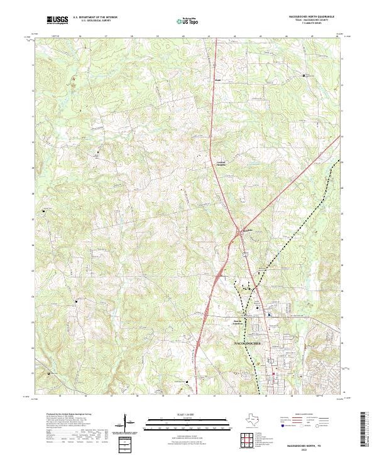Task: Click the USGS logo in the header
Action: tap(57, 20)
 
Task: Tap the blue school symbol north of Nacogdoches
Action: tap(268, 315)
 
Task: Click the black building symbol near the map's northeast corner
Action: tap(305, 76)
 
